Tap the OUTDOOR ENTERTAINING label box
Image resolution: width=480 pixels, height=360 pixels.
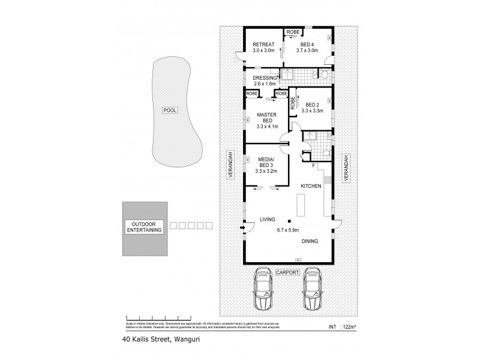click(143, 226)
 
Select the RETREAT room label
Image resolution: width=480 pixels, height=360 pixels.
click(263, 45)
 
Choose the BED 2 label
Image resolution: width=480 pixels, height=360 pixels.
click(309, 104)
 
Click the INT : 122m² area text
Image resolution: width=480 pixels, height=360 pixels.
click(343, 327)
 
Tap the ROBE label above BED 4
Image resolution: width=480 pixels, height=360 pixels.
click(292, 31)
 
